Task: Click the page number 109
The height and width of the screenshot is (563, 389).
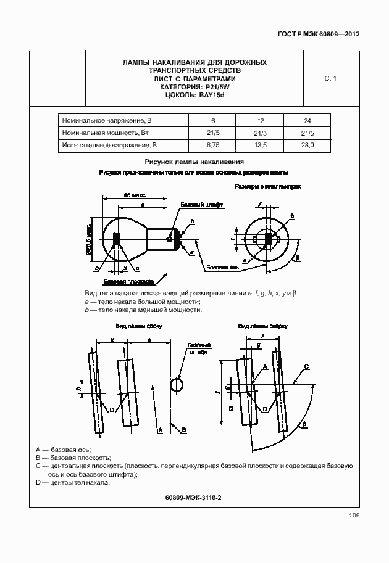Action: pyautogui.click(x=350, y=515)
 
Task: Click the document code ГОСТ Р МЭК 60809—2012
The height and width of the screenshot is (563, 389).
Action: pyautogui.click(x=319, y=34)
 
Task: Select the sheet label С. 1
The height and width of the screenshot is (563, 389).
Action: pyautogui.click(x=330, y=78)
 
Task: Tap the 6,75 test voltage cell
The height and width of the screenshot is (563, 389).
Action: pyautogui.click(x=213, y=146)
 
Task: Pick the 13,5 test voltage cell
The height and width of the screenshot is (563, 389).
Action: pyautogui.click(x=260, y=146)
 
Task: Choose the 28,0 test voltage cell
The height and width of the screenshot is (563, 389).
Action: pyautogui.click(x=307, y=146)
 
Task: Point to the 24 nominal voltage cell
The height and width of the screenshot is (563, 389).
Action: pyautogui.click(x=307, y=120)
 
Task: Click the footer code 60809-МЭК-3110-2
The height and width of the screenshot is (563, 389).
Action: pyautogui.click(x=194, y=497)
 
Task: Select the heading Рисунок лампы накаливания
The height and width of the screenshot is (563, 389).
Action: pyautogui.click(x=193, y=162)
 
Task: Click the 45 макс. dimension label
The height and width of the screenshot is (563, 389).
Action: pyautogui.click(x=135, y=195)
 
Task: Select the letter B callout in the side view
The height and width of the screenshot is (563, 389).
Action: pyautogui.click(x=183, y=428)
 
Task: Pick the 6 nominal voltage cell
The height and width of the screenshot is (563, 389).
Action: pyautogui.click(x=213, y=120)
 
